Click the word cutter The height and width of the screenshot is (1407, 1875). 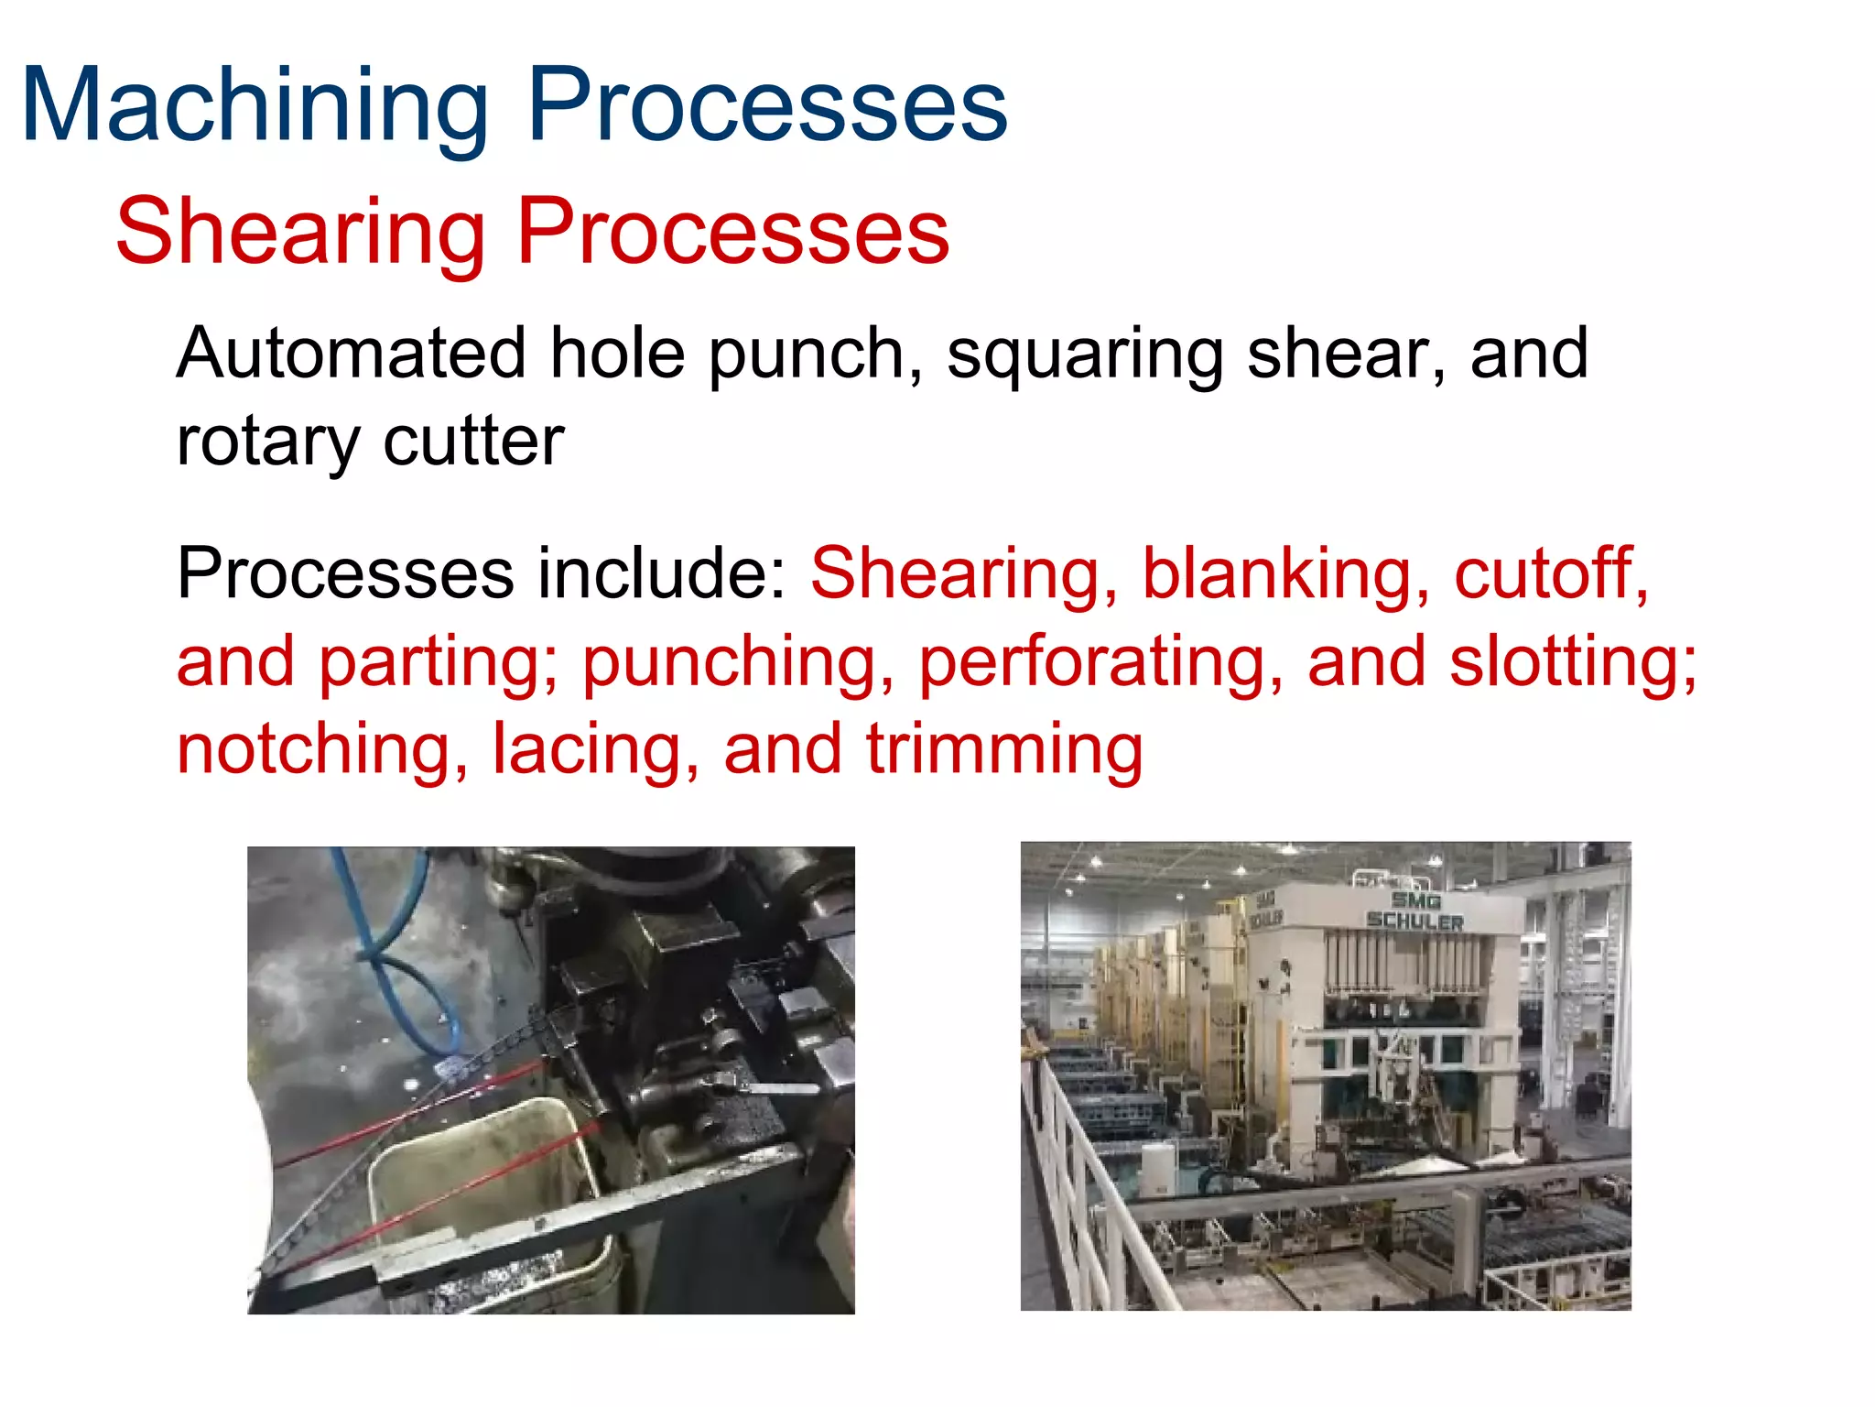point(473,442)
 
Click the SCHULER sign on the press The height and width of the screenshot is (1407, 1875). point(1414,921)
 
